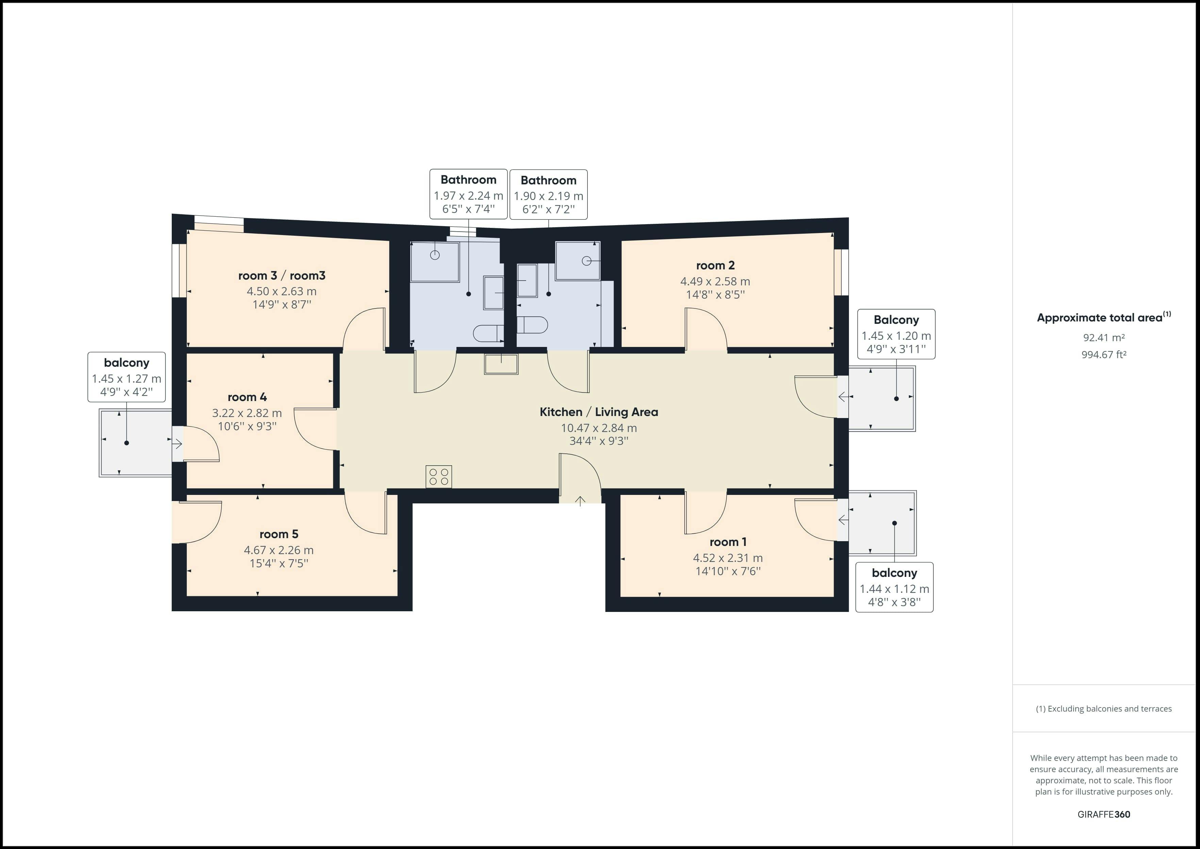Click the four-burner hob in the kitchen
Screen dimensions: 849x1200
[438, 476]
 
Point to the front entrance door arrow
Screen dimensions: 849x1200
[580, 502]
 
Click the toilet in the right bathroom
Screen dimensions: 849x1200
[533, 324]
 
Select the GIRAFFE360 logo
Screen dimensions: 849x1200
[1103, 814]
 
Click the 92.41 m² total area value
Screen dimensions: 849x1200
[1103, 337]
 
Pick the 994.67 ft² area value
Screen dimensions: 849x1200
[1103, 354]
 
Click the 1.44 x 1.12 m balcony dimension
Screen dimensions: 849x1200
[894, 589]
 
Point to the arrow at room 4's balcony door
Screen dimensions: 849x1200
[177, 444]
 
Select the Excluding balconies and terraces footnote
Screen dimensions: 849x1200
[1103, 709]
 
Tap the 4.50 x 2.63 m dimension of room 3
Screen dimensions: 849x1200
[281, 291]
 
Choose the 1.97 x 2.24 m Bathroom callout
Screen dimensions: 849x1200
[468, 195]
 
